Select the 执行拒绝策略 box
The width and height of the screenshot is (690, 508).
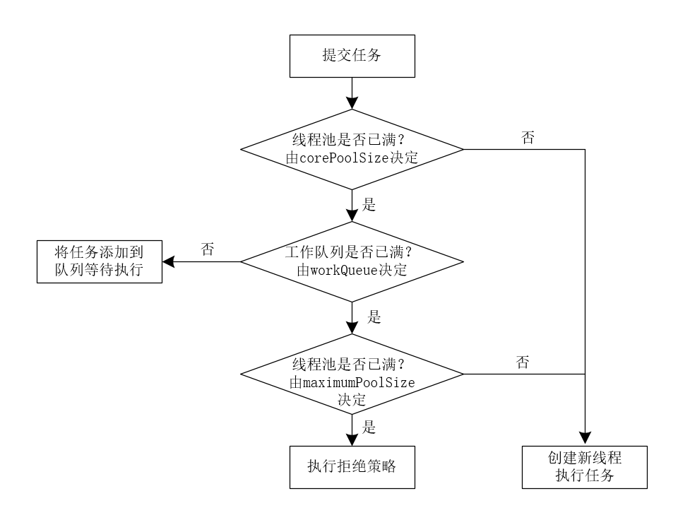(x=351, y=466)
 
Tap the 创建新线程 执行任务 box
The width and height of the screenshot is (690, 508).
(x=585, y=466)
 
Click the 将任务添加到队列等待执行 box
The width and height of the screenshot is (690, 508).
(x=98, y=261)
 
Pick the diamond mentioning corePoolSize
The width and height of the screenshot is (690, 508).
(x=351, y=149)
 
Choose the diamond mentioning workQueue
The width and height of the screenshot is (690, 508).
(x=351, y=261)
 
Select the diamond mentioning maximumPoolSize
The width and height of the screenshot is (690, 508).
(x=351, y=374)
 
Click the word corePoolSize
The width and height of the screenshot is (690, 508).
(x=344, y=158)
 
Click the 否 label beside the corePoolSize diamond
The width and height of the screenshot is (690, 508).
(x=527, y=138)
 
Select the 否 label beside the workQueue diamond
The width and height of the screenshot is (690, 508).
(x=208, y=249)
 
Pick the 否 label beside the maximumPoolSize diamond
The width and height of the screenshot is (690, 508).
(x=523, y=363)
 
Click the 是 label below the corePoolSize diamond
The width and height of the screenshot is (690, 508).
(x=368, y=205)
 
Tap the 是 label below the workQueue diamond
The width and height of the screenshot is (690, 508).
(x=374, y=317)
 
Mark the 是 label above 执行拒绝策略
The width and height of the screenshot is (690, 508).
(x=368, y=427)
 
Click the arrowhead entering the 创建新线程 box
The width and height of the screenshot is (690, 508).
(x=585, y=438)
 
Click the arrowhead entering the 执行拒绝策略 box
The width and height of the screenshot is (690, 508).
(x=351, y=439)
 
